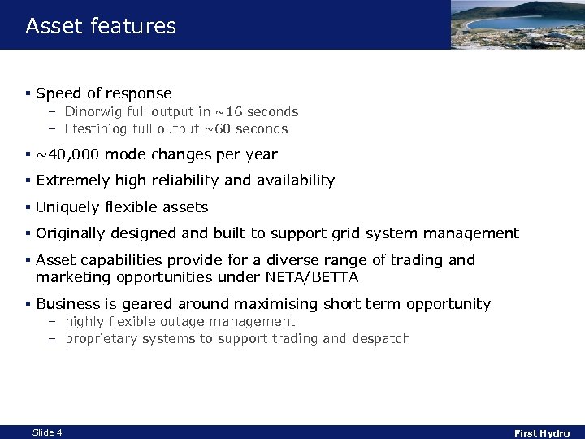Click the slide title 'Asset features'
[x=101, y=26]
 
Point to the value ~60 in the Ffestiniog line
[x=214, y=129]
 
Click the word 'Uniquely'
[x=66, y=207]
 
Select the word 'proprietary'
[x=103, y=338]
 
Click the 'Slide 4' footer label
[x=47, y=432]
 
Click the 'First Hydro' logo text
[x=542, y=433]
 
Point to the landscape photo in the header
[x=517, y=24]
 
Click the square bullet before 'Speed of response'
[x=28, y=94]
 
